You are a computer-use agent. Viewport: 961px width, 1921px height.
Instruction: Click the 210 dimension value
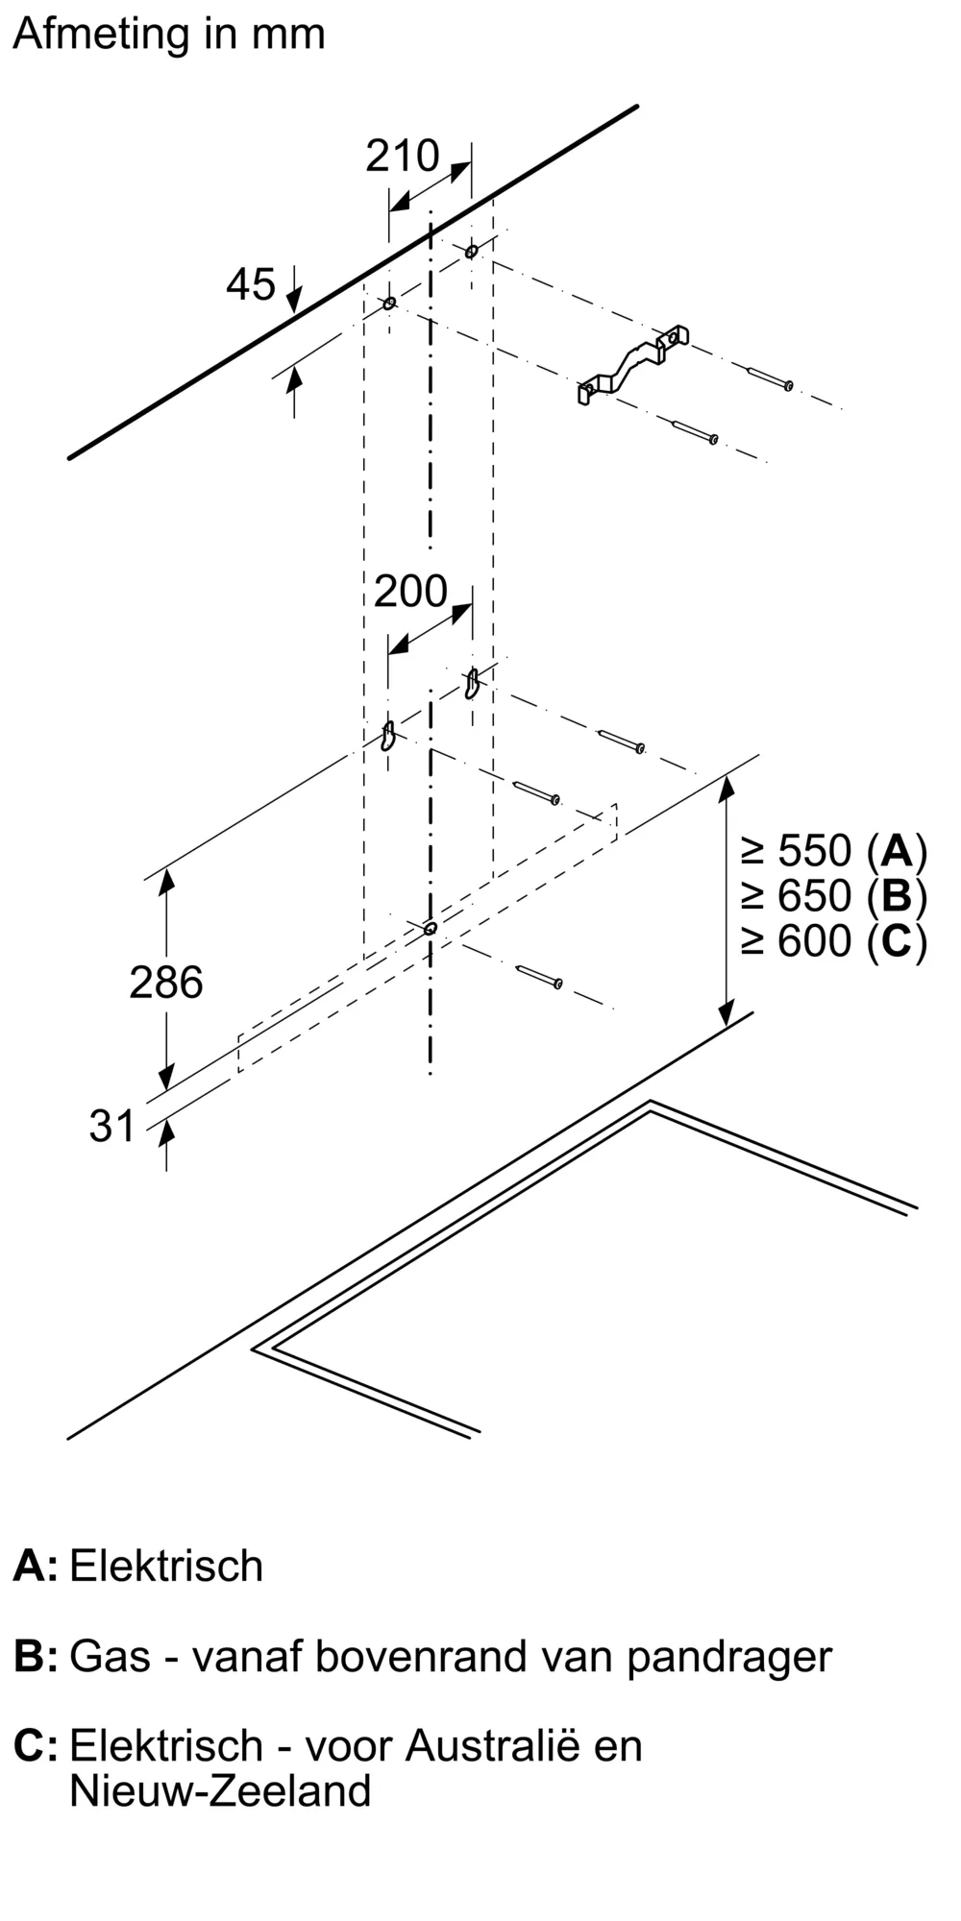[402, 157]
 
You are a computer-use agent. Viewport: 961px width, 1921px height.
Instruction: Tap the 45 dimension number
[251, 284]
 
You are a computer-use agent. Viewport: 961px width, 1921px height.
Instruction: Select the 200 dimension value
[410, 592]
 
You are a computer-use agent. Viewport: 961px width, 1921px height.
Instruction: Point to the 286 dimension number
[166, 983]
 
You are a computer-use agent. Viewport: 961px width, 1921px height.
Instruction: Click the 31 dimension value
[112, 1126]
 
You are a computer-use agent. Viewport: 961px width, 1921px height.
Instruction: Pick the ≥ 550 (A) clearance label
[833, 851]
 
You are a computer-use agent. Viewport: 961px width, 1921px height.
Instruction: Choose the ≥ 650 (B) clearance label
[833, 896]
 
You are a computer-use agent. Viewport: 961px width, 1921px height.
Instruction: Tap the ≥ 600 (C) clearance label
[833, 941]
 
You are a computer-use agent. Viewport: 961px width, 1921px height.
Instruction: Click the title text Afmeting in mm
[169, 35]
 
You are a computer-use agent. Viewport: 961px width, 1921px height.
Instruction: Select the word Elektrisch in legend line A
[166, 1567]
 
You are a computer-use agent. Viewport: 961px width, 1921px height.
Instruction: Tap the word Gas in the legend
[111, 1657]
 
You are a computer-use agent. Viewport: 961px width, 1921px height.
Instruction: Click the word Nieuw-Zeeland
[220, 1791]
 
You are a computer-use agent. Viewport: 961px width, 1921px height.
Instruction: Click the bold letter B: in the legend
[36, 1658]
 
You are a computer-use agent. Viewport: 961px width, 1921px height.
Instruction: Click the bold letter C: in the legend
[36, 1746]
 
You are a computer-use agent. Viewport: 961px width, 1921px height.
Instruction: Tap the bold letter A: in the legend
[36, 1567]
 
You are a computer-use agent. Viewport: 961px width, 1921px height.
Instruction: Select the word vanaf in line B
[246, 1657]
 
